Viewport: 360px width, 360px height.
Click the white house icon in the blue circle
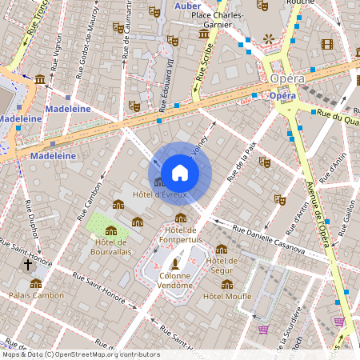click(180, 173)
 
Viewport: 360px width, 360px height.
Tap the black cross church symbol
click(27, 264)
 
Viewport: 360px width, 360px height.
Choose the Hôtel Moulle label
click(227, 296)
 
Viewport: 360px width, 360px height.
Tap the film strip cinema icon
click(326, 44)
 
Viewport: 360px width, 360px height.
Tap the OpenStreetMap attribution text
click(80, 354)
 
